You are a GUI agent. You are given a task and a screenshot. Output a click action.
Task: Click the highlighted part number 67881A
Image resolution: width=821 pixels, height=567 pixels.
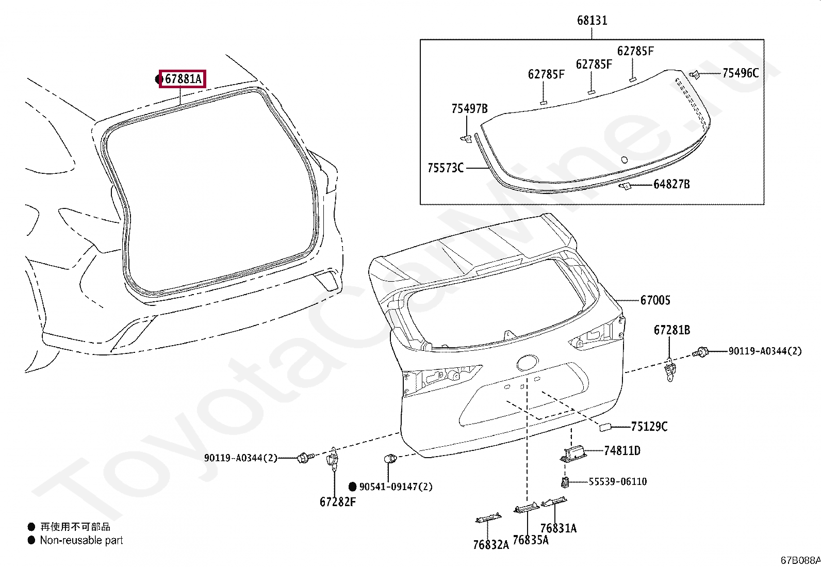183,79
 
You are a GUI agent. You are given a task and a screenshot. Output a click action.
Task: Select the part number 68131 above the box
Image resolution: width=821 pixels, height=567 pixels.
592,20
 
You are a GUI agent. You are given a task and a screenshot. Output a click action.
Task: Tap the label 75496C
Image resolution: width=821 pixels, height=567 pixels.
741,73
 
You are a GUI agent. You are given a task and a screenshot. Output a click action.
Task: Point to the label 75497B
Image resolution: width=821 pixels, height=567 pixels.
469,108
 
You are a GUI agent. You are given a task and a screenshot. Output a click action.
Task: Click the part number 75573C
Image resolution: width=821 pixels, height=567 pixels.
446,168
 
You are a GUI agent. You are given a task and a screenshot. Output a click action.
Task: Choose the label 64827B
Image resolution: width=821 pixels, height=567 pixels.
671,184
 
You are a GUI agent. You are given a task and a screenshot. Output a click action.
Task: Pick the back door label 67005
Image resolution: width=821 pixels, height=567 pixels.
655,300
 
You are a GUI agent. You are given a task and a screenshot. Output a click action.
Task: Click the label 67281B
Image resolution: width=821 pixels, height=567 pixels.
672,330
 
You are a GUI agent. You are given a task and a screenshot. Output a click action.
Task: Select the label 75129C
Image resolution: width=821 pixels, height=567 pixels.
649,427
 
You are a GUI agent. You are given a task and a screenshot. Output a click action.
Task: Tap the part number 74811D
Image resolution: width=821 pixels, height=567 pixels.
622,450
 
